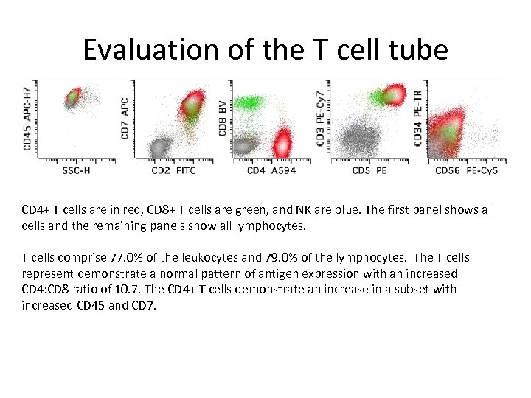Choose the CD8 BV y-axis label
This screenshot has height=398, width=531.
(223, 118)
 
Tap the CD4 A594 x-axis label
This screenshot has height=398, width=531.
(273, 171)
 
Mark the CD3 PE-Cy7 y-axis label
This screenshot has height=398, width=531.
(321, 118)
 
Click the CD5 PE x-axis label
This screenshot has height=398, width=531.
(370, 171)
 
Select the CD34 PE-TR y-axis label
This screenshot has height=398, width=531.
(418, 118)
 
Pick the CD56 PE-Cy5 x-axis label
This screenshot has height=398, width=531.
(467, 171)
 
